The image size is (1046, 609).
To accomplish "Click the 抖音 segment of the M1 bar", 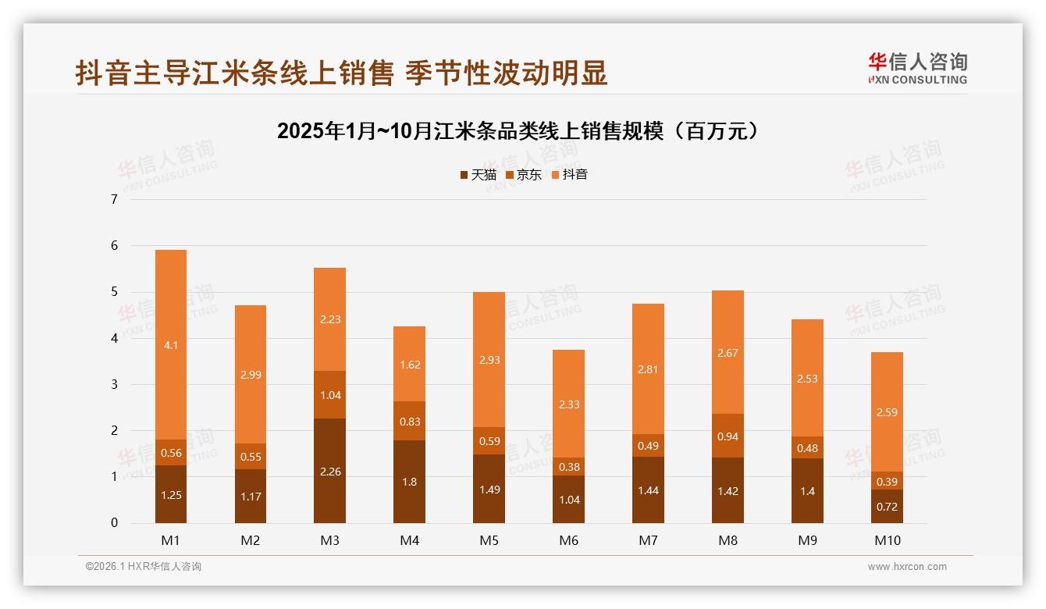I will coord(170,344).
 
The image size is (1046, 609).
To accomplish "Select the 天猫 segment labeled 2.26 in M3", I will coord(329,471).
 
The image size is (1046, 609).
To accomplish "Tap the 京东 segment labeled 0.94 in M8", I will coord(728,436).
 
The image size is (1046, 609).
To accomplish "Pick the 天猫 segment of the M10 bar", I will coord(887,507).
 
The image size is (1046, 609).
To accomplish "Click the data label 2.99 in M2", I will coord(250,375).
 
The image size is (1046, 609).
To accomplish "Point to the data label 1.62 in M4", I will coord(409,364).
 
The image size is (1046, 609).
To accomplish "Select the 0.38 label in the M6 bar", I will coord(568,468).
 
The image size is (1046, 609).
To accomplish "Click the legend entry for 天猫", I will coord(478,175).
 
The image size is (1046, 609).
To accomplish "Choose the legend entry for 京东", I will coord(523,175).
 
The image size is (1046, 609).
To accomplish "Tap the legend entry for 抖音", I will coord(569,175).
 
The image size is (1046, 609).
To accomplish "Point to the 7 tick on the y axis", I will coord(114,199).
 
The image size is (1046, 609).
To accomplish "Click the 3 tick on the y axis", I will coord(114,384).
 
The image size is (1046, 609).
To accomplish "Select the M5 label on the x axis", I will coord(489,540).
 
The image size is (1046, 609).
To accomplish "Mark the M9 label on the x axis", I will coord(807,540).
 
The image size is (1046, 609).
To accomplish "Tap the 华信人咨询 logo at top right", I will coord(917,69).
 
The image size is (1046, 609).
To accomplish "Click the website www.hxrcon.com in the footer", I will coord(907,567).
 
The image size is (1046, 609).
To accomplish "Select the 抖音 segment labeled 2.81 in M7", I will coord(648,369).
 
